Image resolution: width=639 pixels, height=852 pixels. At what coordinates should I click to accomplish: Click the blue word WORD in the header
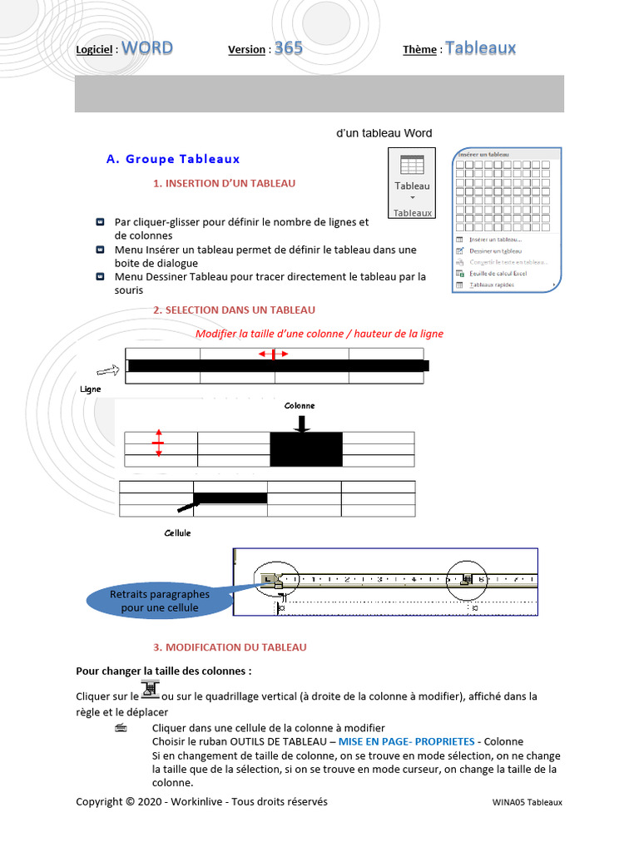147,48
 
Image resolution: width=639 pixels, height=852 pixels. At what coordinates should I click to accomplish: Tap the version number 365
289,48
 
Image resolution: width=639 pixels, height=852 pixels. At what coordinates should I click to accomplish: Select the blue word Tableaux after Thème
480,48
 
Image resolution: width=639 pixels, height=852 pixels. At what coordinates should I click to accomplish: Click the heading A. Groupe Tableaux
173,159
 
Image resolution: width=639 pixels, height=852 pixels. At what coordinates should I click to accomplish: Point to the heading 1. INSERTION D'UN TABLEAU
224,183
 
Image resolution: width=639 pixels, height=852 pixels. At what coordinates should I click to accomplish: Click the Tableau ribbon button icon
412,165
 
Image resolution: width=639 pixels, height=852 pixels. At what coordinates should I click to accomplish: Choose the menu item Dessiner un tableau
495,250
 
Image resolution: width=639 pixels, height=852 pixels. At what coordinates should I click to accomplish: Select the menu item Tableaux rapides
492,285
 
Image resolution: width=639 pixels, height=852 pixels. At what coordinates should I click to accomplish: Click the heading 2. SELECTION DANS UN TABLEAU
234,310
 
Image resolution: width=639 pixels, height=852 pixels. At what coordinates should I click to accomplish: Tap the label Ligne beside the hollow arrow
91,389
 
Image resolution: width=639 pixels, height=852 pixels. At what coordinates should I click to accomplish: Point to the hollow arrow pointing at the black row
109,369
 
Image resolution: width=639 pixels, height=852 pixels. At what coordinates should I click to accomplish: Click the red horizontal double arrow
273,354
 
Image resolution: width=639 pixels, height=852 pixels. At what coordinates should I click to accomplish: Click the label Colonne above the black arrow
300,405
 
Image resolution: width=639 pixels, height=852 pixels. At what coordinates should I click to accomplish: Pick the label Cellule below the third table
177,532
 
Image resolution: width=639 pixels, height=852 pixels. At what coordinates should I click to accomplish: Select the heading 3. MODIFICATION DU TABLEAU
230,647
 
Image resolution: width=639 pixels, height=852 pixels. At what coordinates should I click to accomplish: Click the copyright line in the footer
201,802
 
